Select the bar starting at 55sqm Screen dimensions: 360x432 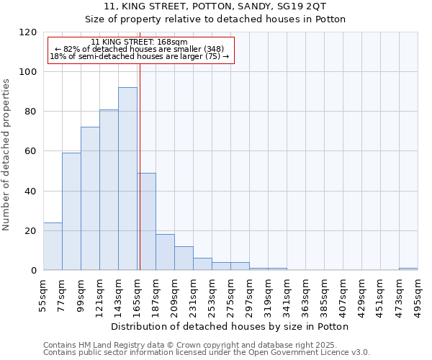click(53, 246)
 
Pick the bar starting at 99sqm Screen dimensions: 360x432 click(90, 198)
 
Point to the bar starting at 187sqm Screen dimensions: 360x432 click(165, 252)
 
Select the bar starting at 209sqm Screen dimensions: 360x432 click(184, 258)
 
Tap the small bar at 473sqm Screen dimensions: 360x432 click(408, 269)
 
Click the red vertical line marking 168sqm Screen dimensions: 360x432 click(140, 166)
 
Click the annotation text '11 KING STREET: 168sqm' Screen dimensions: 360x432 click(140, 42)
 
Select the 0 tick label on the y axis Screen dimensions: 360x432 click(34, 271)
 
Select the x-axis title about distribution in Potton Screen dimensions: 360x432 click(230, 326)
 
